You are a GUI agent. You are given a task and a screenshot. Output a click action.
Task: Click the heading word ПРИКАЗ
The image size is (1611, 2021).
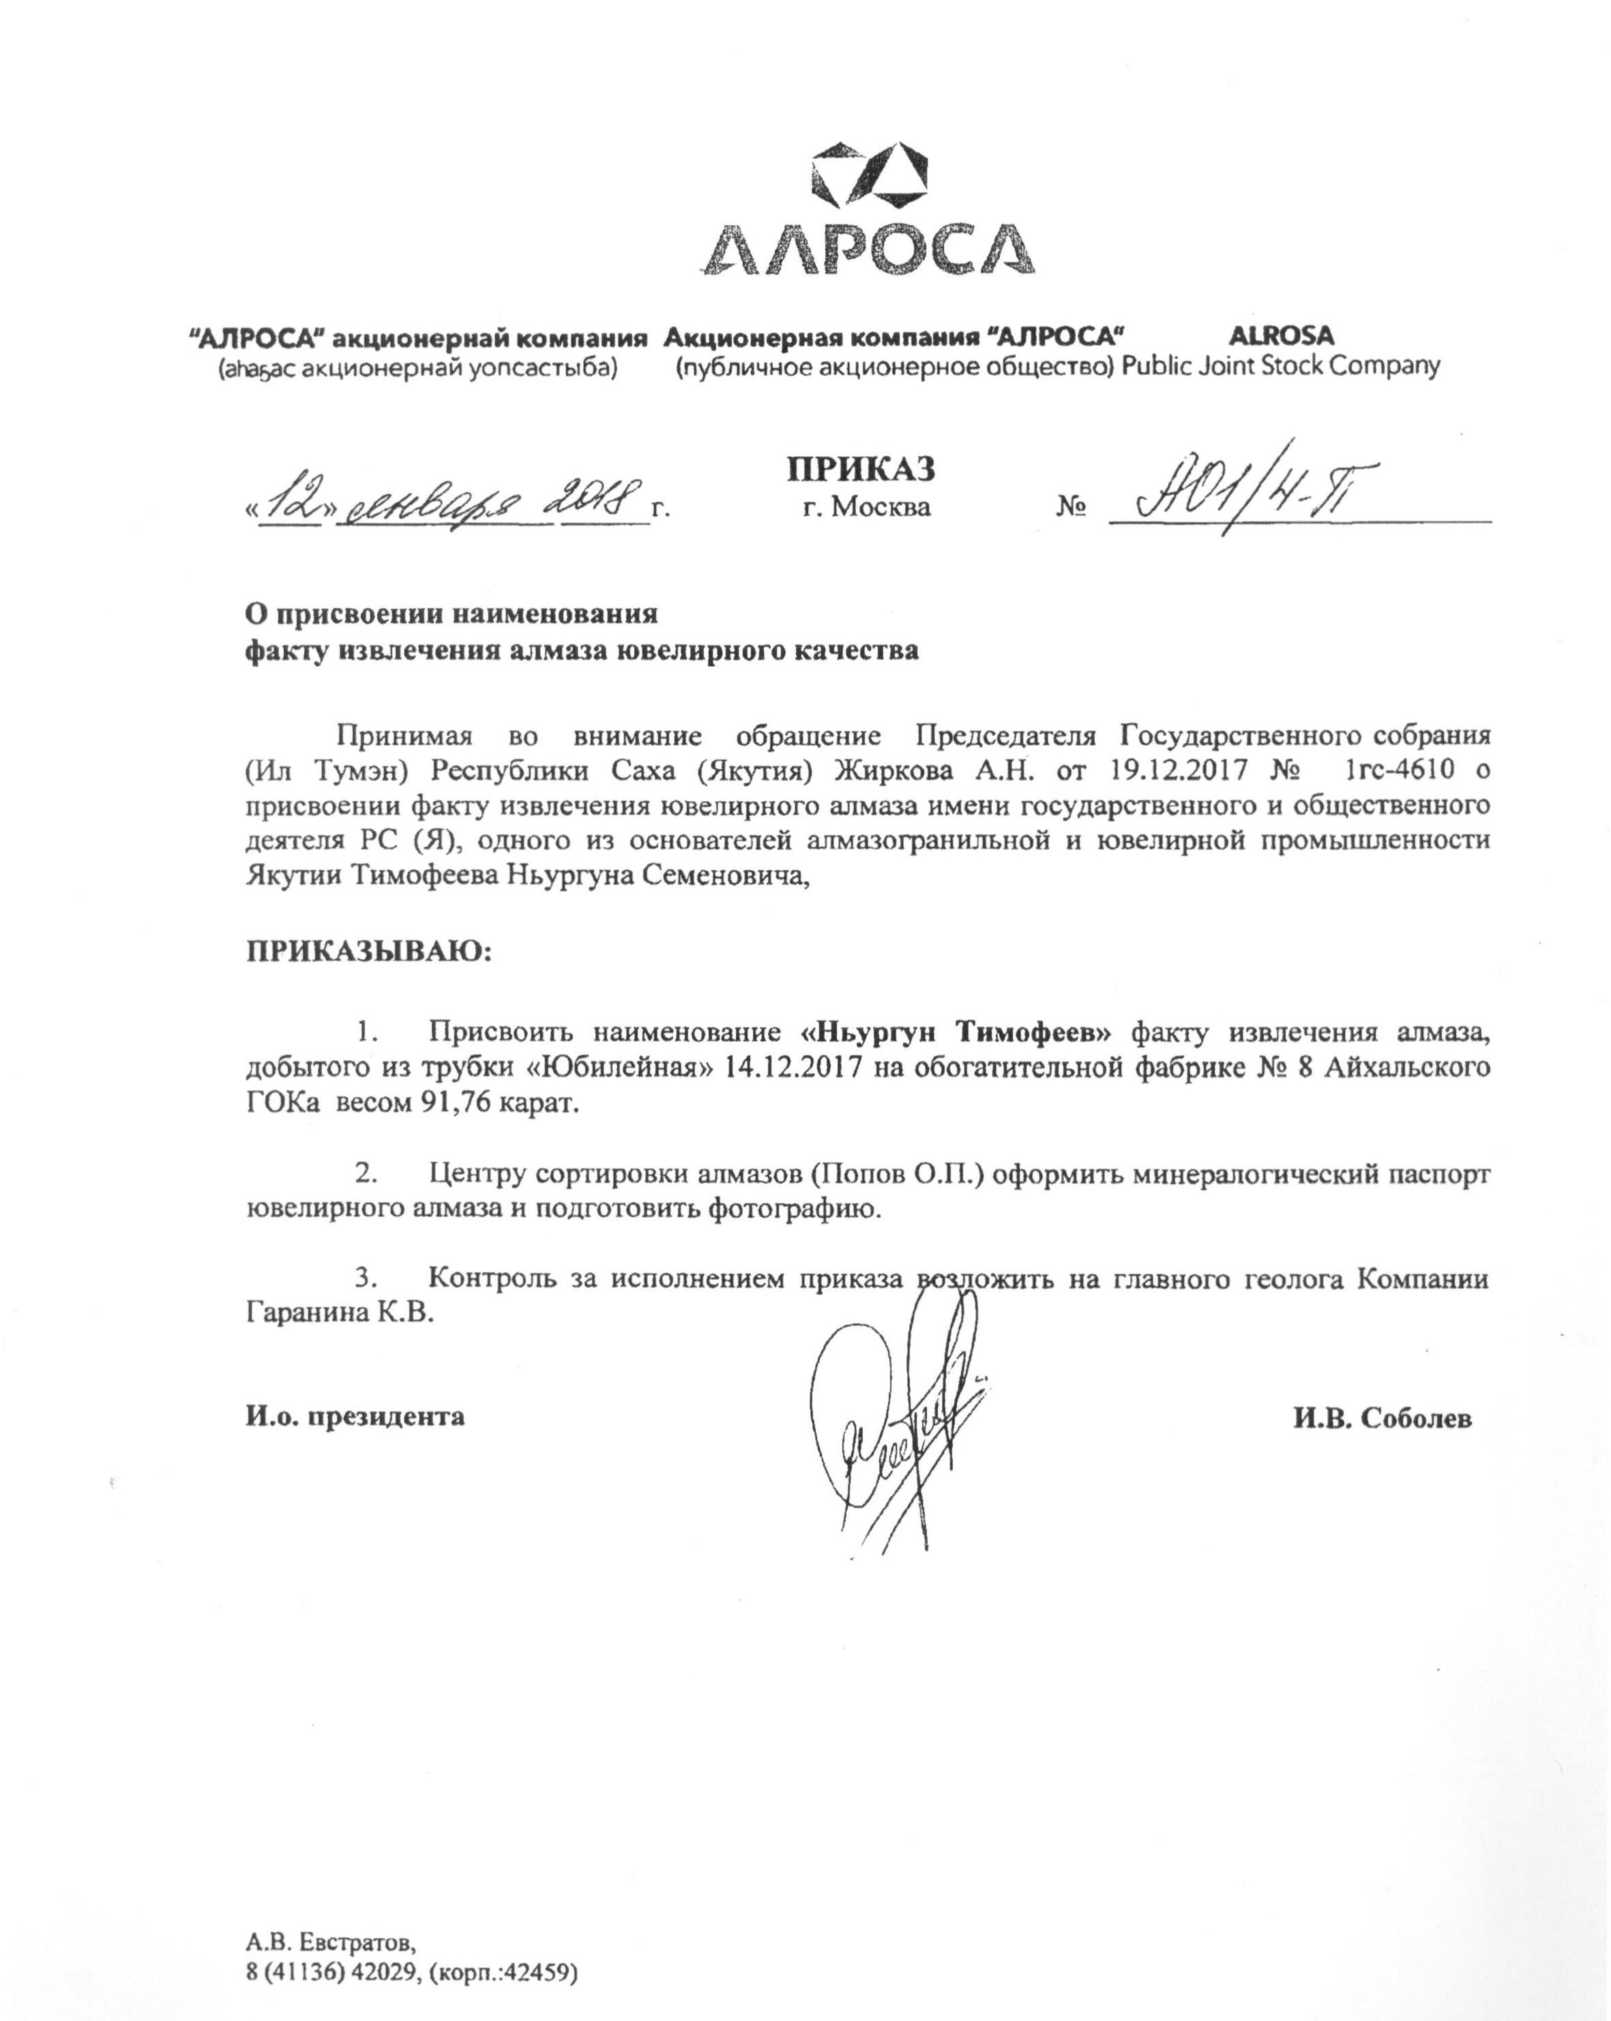(860, 468)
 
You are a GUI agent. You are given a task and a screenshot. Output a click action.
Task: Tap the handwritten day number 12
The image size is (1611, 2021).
(293, 503)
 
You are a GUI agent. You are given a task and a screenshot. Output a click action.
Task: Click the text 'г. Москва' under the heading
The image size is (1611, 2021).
(866, 507)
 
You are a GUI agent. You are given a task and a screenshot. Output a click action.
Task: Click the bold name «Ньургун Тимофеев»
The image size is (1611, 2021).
(956, 1033)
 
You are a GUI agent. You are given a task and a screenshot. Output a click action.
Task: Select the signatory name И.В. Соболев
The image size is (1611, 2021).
(1383, 1419)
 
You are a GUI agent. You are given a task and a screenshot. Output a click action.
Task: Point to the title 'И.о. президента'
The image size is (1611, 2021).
(355, 1416)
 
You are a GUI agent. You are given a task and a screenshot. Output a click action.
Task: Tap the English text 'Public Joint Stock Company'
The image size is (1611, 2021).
(1280, 365)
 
